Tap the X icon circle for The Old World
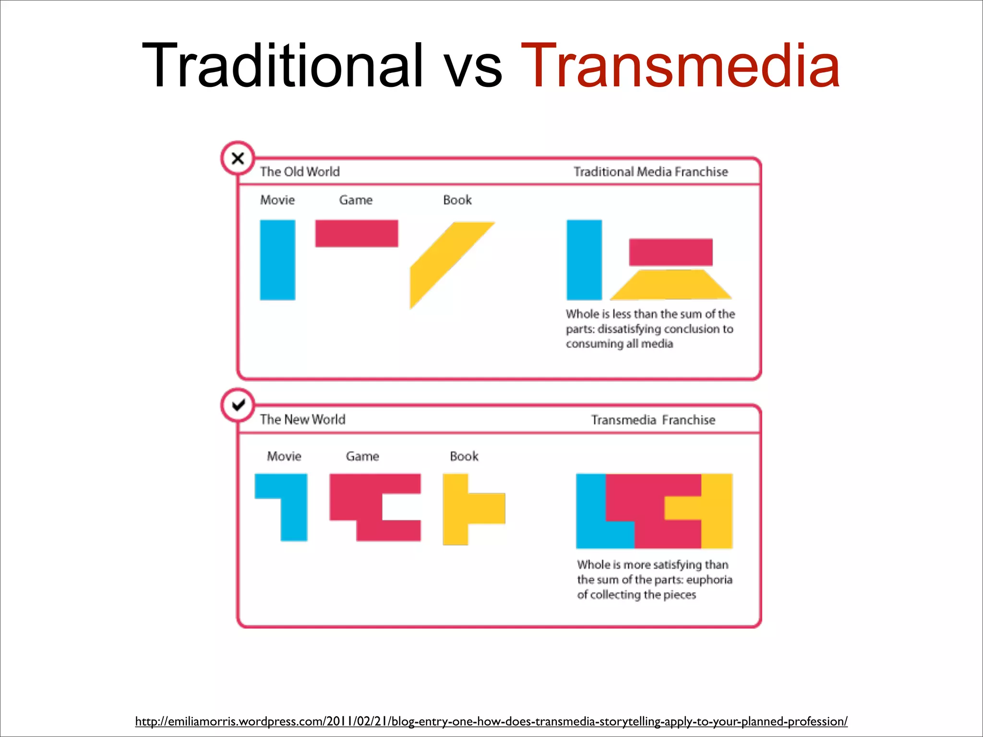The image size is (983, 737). pos(238,158)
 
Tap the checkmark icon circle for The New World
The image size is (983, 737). pos(238,405)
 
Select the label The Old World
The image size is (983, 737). pos(300,172)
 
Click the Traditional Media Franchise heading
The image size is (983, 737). pos(650,172)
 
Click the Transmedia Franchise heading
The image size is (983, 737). pos(653,420)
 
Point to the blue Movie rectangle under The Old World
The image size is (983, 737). pos(277,260)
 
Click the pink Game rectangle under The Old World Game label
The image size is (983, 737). pos(356,233)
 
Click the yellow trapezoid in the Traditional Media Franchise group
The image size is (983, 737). pos(671,285)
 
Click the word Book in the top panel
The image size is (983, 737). pos(457,200)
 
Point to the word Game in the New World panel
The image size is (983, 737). pos(362,456)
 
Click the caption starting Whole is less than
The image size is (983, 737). pos(650,329)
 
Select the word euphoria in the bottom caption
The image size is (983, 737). pos(709,580)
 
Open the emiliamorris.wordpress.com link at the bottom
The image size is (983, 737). pos(491,721)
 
